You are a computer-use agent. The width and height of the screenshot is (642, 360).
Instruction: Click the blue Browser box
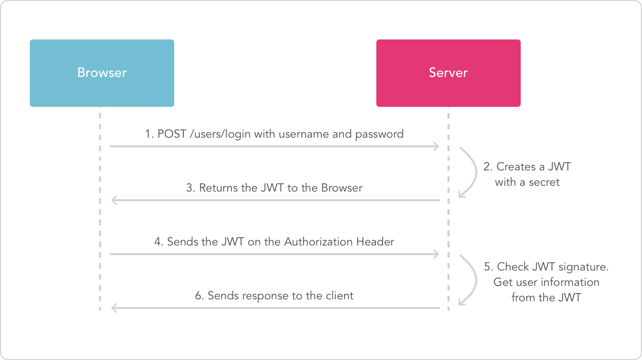coord(102,73)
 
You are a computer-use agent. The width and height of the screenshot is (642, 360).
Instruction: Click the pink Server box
coord(448,73)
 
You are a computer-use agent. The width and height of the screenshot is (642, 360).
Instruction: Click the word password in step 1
coord(379,134)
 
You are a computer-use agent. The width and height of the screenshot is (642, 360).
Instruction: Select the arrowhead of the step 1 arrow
coord(437,146)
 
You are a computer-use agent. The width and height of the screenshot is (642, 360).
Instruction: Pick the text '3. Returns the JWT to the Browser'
coord(274,188)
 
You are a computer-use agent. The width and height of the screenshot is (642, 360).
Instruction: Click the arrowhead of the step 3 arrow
coord(114,200)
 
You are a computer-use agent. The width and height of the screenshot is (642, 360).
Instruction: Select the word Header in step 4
coord(375,242)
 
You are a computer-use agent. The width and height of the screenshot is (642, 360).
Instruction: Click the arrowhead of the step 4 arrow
coord(437,254)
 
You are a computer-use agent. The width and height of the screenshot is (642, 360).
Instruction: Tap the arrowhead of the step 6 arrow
coord(114,308)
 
